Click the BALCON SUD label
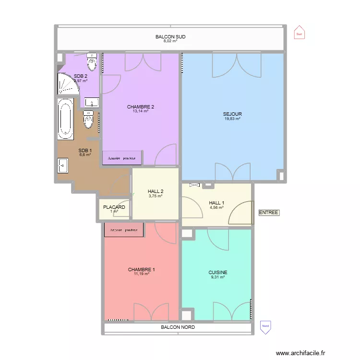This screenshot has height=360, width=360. (170, 36)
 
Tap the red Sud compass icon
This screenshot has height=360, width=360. (299, 33)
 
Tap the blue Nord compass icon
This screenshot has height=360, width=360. (264, 326)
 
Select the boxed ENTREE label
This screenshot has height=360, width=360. (268, 213)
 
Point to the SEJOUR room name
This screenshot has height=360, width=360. (232, 114)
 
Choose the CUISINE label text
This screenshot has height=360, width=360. (218, 272)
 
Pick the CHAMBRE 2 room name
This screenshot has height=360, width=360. (140, 107)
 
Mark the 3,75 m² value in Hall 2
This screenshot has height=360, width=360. (156, 196)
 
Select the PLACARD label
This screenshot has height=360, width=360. (114, 207)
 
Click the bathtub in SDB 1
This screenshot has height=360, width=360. (65, 118)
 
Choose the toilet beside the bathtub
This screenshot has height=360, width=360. (88, 120)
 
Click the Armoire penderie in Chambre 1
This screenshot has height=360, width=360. (124, 230)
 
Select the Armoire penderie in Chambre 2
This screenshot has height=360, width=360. (121, 158)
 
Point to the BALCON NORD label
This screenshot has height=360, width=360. (178, 327)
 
